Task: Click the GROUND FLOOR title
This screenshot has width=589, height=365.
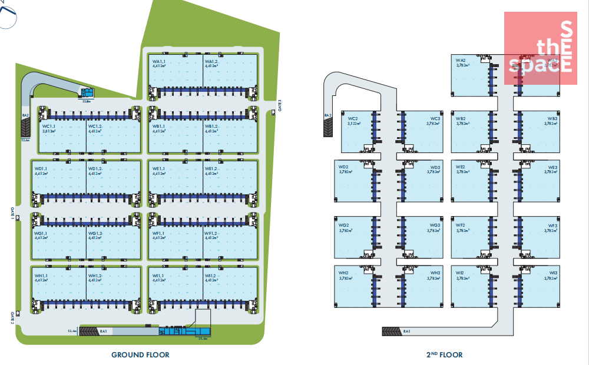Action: coord(140,354)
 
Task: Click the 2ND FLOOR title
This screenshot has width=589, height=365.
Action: coord(444,354)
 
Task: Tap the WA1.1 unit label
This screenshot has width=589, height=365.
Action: coord(159,61)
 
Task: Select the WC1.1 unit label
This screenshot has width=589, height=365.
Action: coord(48,126)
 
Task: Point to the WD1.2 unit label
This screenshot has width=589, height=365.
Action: coord(95,169)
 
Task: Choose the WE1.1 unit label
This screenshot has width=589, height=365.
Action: coord(159,169)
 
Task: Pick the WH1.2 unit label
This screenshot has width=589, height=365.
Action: coord(95,276)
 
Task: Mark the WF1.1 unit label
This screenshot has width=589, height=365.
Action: coord(159,233)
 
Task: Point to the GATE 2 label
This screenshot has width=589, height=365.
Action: coord(11,318)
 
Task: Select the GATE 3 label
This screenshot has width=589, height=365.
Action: coord(280,106)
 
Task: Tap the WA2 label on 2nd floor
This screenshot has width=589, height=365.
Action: coord(461,60)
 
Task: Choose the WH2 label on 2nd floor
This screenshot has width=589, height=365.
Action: coord(343,273)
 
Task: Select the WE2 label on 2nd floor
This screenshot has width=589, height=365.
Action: coord(461,167)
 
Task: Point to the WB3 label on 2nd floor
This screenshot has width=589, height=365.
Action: coord(552,118)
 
